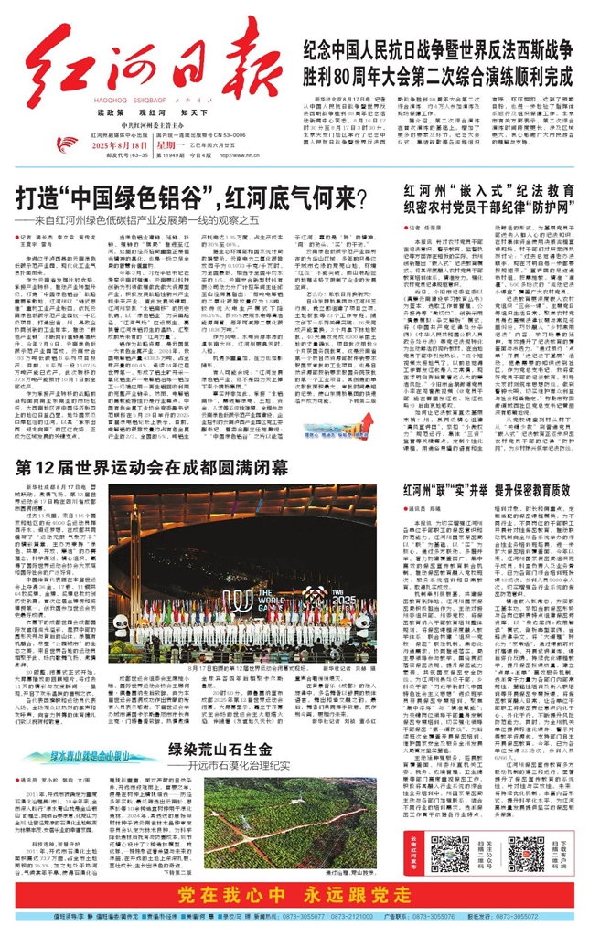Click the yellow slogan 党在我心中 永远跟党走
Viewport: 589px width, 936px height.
[295, 892]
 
